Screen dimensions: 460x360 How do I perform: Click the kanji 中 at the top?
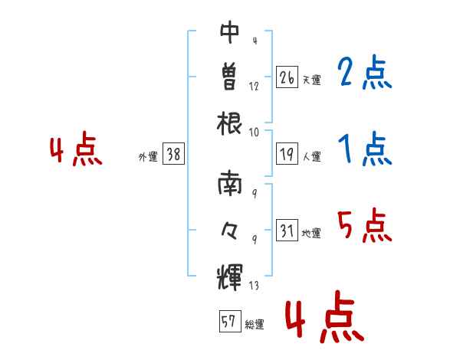point(229,32)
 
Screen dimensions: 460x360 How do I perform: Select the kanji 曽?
point(229,77)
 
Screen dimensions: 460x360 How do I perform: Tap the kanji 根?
point(229,123)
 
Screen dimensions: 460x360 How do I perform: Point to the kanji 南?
point(229,183)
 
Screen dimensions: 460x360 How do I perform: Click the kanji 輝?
point(229,277)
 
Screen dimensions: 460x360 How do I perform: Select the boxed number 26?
point(287,77)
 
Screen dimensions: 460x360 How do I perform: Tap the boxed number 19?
point(287,154)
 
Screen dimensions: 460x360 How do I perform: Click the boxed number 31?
point(287,230)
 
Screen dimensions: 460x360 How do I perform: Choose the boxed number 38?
point(173,154)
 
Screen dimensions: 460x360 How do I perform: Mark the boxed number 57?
point(230,321)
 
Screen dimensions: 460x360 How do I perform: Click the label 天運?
point(311,80)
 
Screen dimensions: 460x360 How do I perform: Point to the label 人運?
point(311,156)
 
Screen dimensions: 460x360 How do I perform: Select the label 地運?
point(311,234)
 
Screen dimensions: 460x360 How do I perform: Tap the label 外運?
point(148,157)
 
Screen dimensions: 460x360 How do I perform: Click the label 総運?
point(255,325)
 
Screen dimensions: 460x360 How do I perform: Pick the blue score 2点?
point(364,72)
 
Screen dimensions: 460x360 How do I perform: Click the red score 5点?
point(364,226)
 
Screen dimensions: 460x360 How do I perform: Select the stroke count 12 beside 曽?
point(254,87)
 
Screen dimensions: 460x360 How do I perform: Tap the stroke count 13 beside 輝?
point(254,285)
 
